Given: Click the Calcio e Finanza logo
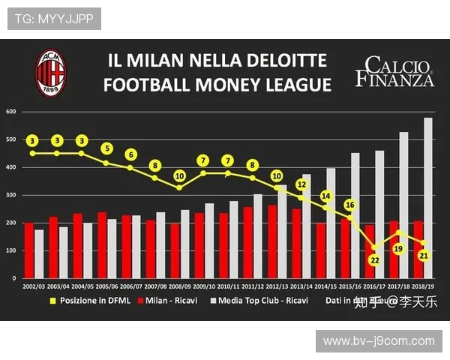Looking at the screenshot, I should (395, 71).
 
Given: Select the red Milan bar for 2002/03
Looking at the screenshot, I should (28, 250).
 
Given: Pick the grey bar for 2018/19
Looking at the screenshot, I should (428, 198).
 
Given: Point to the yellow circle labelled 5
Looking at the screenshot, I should (106, 148).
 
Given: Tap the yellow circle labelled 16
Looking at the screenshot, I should (349, 205).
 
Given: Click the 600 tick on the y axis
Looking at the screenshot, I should (10, 112).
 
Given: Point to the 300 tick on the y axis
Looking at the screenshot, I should (10, 195).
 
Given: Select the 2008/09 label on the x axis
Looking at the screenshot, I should (180, 286).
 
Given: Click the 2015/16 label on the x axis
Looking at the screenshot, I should (350, 286).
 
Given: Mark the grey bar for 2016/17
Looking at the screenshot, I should (379, 214).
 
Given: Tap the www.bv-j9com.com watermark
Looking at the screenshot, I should (379, 341).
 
